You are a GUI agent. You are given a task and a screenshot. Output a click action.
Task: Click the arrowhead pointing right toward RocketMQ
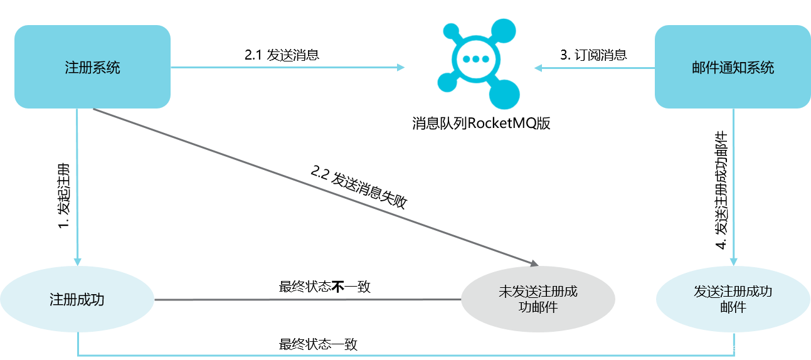(x=401, y=67)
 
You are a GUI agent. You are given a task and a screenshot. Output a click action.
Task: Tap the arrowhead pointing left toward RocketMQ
(x=538, y=68)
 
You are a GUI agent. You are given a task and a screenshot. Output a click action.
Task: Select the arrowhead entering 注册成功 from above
(x=78, y=262)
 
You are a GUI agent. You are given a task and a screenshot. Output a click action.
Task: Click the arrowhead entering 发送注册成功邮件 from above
(x=733, y=262)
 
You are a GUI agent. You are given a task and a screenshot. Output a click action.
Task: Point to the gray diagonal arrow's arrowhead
(x=534, y=263)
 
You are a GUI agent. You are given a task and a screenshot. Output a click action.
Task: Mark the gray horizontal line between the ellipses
(x=307, y=300)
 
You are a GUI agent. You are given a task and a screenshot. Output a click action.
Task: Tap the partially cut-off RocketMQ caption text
(x=479, y=119)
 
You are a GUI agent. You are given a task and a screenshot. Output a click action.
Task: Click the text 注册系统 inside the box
(x=92, y=67)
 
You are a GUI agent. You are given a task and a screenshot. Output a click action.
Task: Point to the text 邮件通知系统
(x=733, y=68)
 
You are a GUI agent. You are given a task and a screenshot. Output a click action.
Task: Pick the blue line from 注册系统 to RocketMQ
(x=282, y=67)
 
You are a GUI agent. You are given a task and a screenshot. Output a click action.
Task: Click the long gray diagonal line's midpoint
(x=314, y=186)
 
